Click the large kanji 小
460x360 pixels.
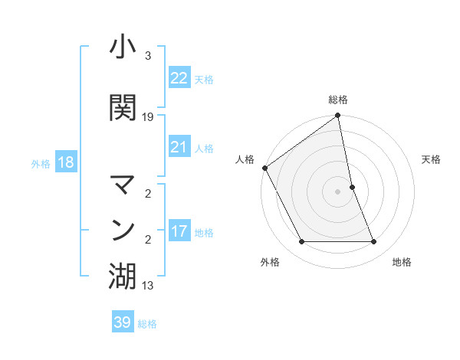click(123, 48)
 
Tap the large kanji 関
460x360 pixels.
click(123, 108)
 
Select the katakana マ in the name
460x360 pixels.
click(123, 185)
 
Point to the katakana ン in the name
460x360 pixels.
click(123, 229)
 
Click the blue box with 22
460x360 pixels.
click(179, 78)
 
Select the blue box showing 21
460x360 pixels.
click(179, 147)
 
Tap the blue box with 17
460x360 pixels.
click(179, 231)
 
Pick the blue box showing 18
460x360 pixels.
click(65, 162)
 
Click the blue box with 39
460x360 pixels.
click(123, 322)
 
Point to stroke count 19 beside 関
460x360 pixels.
click(148, 117)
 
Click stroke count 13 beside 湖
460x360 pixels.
click(148, 286)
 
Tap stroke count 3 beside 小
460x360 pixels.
click(148, 56)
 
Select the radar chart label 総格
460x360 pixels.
click(338, 100)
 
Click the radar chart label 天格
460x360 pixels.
click(431, 159)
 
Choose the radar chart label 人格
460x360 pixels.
click(245, 159)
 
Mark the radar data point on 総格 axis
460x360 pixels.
click(338, 116)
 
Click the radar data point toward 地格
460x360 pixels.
click(374, 242)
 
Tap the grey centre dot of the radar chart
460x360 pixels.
click(338, 191)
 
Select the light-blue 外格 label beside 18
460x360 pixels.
click(41, 163)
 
